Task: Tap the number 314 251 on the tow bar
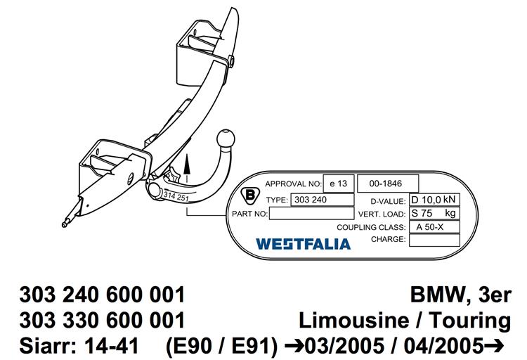176,196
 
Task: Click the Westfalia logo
303,244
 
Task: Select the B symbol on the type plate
250,195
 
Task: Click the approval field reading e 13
339,184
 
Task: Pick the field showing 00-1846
388,184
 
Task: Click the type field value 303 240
322,200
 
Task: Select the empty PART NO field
311,213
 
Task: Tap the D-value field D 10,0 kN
434,200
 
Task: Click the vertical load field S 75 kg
434,213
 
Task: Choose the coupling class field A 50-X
434,227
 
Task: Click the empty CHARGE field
434,240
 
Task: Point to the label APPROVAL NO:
294,184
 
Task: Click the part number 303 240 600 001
102,295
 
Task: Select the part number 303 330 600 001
102,320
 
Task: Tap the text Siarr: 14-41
79,345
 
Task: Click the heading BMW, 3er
460,295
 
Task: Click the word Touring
470,321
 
